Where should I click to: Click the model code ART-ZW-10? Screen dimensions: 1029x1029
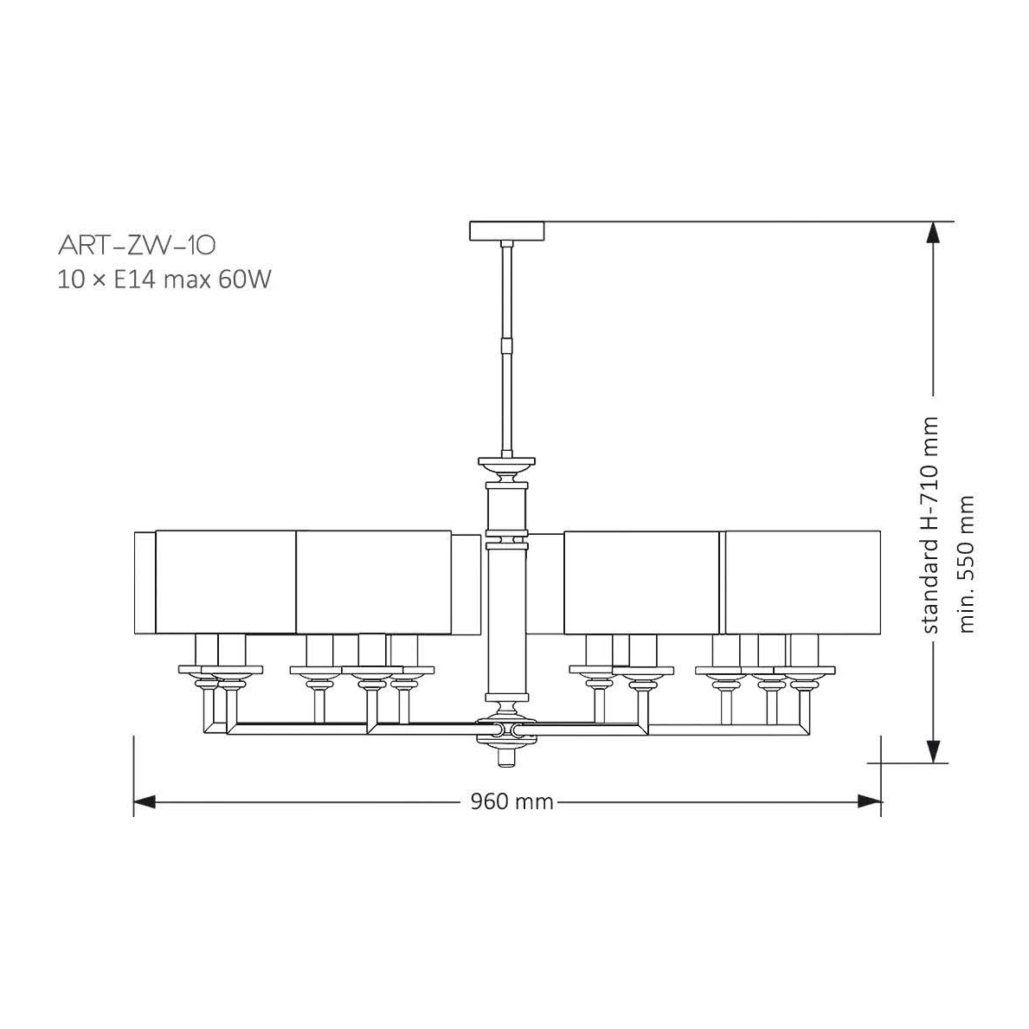pos(137,245)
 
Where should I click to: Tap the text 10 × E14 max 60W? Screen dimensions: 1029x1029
pos(164,280)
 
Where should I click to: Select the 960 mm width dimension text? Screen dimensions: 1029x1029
pos(511,801)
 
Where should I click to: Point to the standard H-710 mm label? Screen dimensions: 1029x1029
pos(930,525)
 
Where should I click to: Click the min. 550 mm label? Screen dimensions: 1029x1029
pos(967,564)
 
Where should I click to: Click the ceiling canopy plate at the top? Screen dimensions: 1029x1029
pos(507,231)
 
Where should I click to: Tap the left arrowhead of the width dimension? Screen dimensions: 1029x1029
pos(145,801)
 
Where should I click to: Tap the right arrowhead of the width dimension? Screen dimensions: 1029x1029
pos(870,801)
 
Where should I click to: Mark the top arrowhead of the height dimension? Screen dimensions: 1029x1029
pos(933,233)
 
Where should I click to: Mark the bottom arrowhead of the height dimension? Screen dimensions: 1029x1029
pos(933,751)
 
